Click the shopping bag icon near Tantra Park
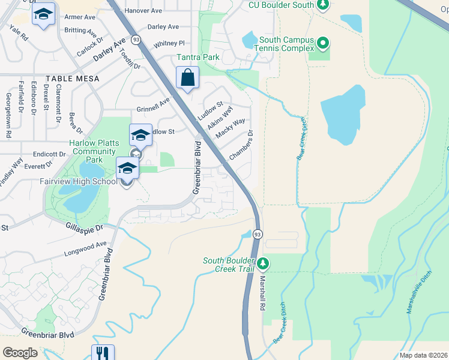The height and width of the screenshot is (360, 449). [188, 78]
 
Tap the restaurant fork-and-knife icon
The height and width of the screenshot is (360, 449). [102, 353]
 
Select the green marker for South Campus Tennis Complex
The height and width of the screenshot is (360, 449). [323, 43]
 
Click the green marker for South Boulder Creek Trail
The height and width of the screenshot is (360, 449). [262, 263]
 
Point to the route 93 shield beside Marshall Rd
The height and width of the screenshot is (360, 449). [258, 233]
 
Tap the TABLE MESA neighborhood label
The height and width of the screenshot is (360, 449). [71, 79]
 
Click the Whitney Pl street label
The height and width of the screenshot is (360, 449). [169, 43]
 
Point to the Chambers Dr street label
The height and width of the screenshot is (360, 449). [242, 145]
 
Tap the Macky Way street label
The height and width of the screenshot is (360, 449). [230, 129]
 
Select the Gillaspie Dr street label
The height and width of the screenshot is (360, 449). [83, 227]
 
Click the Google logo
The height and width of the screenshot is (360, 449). [20, 353]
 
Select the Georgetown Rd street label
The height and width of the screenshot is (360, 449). [8, 115]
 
